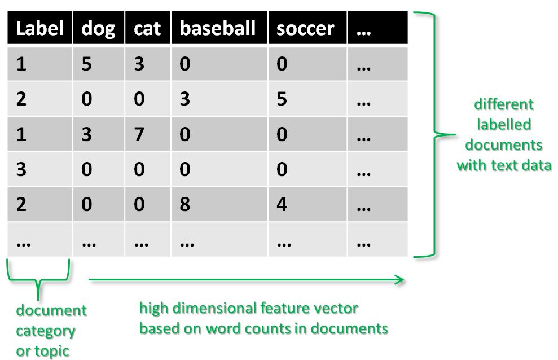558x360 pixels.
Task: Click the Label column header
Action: click(x=39, y=28)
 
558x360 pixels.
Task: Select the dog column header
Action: click(x=98, y=28)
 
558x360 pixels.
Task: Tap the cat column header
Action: click(x=147, y=28)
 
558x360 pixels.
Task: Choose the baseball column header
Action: click(x=217, y=28)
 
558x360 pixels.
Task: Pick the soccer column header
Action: click(x=305, y=28)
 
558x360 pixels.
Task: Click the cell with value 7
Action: click(x=139, y=134)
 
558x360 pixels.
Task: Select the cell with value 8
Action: click(x=184, y=204)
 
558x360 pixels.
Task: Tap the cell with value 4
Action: click(x=282, y=204)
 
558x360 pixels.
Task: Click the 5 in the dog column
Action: click(x=86, y=64)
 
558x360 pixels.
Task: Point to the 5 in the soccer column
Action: click(x=282, y=99)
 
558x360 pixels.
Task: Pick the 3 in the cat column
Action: click(x=139, y=64)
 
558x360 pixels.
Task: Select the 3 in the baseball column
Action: click(x=184, y=99)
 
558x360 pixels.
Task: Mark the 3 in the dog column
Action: click(x=86, y=134)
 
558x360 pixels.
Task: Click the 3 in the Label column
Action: click(x=21, y=169)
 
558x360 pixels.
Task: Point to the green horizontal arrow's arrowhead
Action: click(x=399, y=279)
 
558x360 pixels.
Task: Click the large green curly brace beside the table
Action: click(x=434, y=134)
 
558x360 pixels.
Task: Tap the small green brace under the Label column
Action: click(x=38, y=279)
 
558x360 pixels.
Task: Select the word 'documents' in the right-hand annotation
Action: click(x=504, y=145)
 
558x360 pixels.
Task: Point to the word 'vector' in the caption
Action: click(x=338, y=309)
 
